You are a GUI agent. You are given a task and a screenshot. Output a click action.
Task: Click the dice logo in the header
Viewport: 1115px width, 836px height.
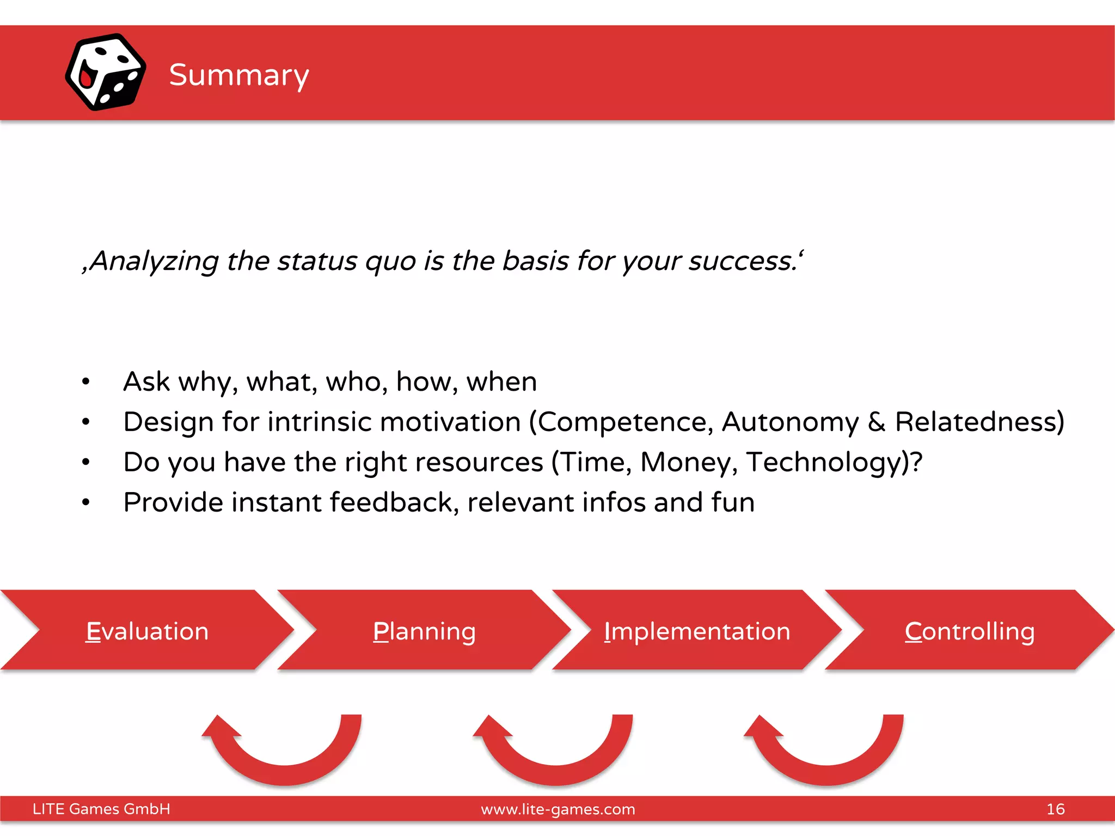pyautogui.click(x=105, y=72)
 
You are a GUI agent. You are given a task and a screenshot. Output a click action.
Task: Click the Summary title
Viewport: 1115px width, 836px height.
pyautogui.click(x=239, y=75)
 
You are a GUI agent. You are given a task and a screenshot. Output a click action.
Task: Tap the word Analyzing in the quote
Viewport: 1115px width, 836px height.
pyautogui.click(x=154, y=261)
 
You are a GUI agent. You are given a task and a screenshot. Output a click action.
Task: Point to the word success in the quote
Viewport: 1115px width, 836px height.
pyautogui.click(x=743, y=261)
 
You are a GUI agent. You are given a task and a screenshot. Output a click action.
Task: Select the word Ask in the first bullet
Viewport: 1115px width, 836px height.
pyautogui.click(x=146, y=382)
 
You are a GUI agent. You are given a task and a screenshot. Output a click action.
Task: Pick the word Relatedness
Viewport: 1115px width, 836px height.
pyautogui.click(x=979, y=422)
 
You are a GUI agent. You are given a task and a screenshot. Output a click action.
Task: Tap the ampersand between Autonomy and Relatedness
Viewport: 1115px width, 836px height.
pyautogui.click(x=877, y=422)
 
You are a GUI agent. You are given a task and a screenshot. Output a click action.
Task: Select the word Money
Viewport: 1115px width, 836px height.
pyautogui.click(x=688, y=462)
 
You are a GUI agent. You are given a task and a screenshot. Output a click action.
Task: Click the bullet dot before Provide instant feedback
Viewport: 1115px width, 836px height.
pyautogui.click(x=85, y=502)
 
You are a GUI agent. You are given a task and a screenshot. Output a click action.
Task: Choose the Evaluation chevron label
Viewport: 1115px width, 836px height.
pyautogui.click(x=147, y=631)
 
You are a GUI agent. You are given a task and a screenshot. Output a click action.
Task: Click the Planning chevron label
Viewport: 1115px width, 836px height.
pyautogui.click(x=424, y=631)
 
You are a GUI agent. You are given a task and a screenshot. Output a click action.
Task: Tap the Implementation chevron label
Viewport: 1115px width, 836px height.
pyautogui.click(x=697, y=631)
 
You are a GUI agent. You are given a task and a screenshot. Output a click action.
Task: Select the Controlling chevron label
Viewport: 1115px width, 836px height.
pyautogui.click(x=970, y=631)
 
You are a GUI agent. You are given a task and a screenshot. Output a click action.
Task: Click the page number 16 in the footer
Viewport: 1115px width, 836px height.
pyautogui.click(x=1055, y=809)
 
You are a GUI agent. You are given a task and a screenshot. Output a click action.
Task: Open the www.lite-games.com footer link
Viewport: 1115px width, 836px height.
pyautogui.click(x=557, y=809)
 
